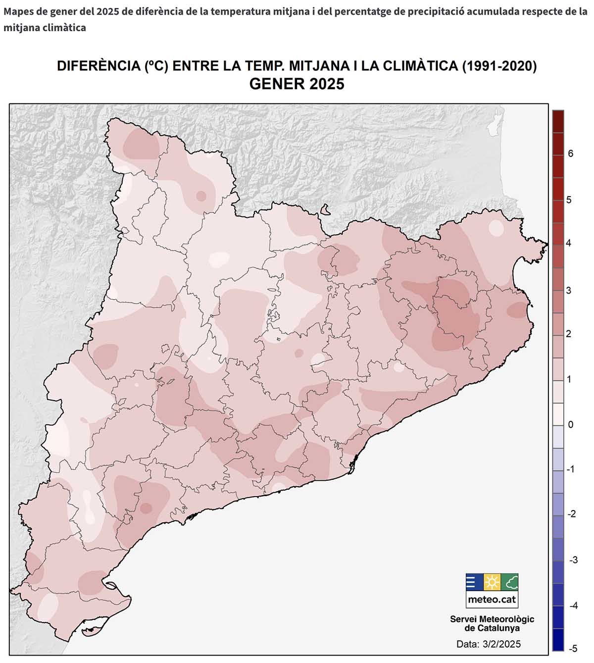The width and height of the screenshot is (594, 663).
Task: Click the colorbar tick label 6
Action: tap(571, 154)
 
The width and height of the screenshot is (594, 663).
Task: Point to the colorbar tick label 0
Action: tap(571, 425)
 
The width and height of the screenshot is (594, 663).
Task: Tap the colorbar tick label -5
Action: tap(573, 648)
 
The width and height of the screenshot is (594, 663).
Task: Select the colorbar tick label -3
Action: tap(573, 560)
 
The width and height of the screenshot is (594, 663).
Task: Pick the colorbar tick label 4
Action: tap(569, 243)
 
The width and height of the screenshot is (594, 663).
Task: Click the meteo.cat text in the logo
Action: tap(492, 600)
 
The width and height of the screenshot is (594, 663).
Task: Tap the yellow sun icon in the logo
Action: tap(492, 582)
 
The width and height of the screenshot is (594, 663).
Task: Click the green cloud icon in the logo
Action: tap(509, 582)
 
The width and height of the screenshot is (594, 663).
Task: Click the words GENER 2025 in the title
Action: tap(297, 84)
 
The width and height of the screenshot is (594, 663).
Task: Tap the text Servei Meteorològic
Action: tap(492, 619)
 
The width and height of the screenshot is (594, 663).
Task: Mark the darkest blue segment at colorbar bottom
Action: tap(558, 639)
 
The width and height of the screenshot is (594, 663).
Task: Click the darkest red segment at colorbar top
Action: tap(558, 121)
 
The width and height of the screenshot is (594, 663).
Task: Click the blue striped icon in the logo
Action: tap(474, 582)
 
